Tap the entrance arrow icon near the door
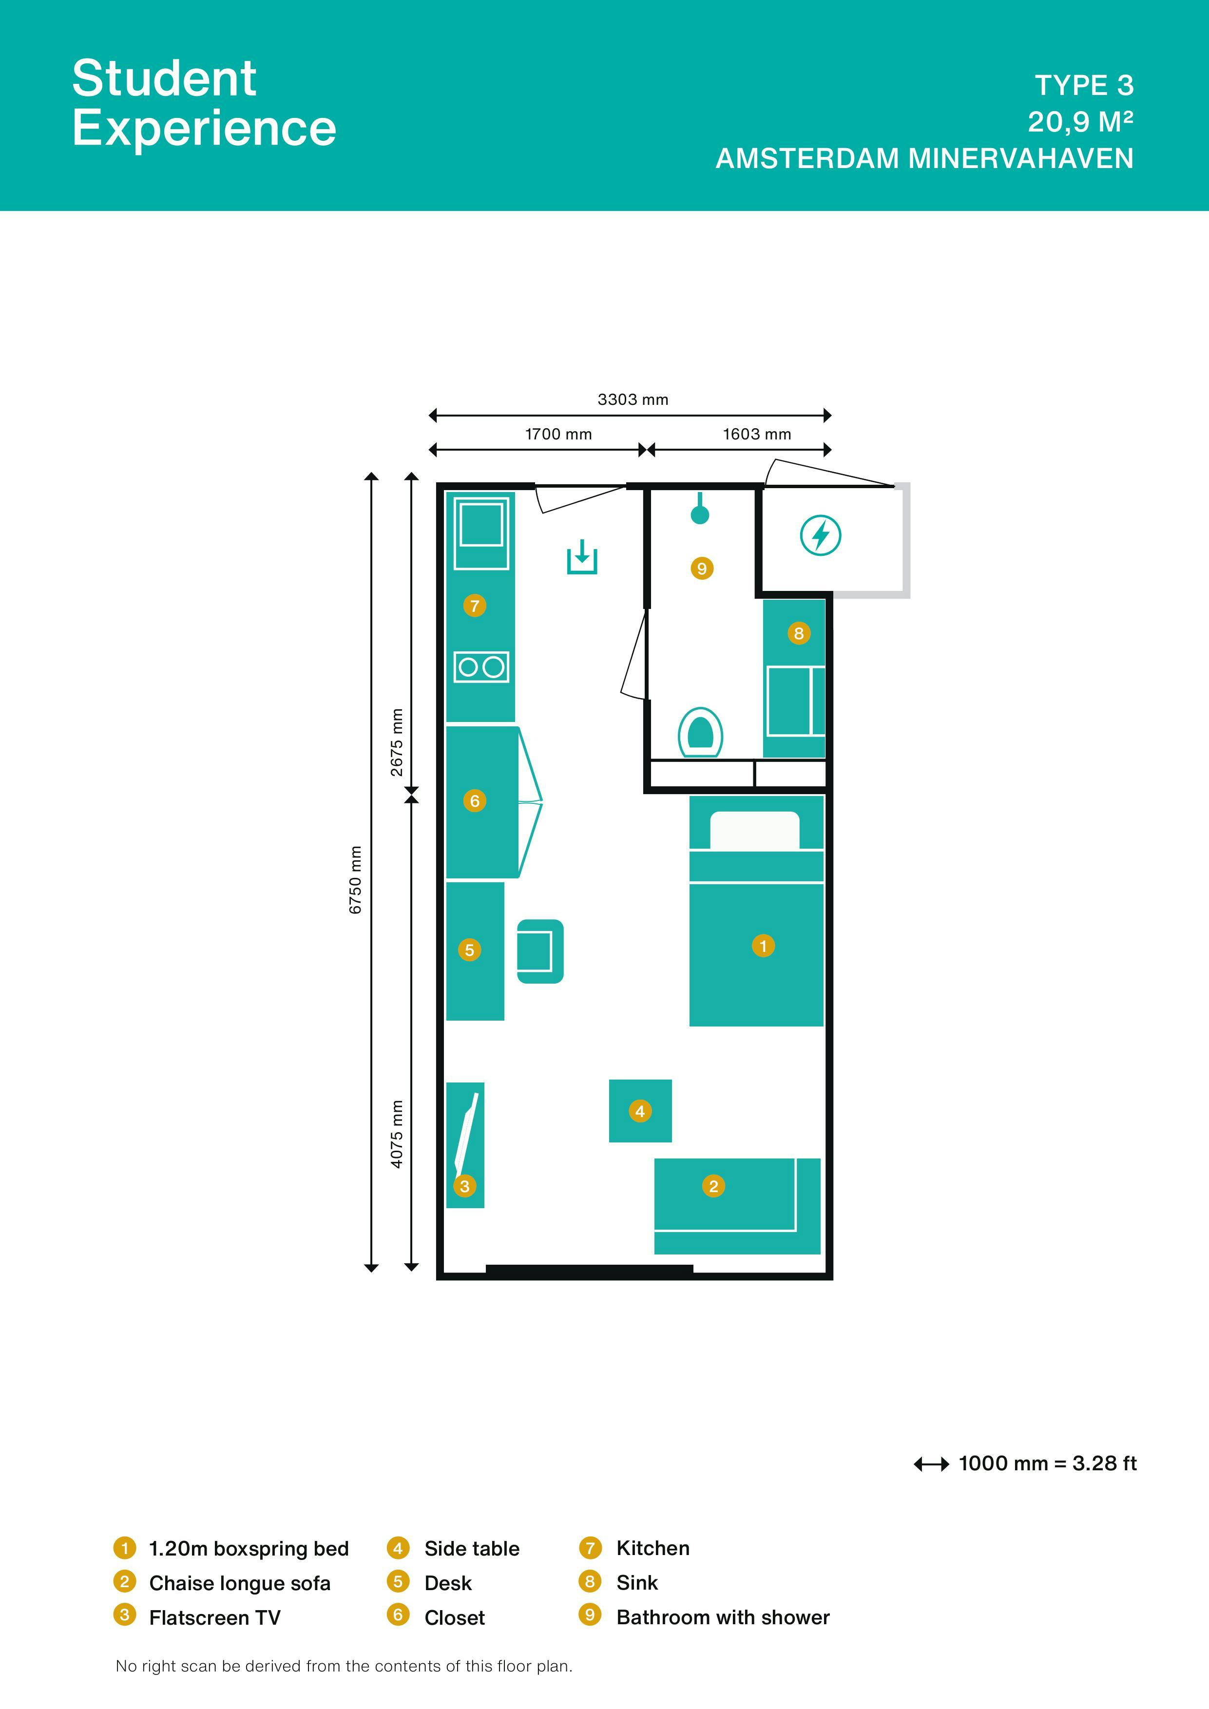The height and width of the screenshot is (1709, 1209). [x=582, y=557]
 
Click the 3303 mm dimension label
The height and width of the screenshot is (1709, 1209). [x=633, y=399]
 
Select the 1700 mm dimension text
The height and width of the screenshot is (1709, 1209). [x=558, y=434]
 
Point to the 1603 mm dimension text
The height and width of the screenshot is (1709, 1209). [x=756, y=434]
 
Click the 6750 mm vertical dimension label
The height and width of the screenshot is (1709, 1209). [x=356, y=880]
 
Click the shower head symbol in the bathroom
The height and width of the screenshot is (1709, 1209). [x=700, y=510]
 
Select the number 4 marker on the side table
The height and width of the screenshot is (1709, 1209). [x=639, y=1111]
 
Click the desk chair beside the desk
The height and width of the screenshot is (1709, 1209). [x=540, y=951]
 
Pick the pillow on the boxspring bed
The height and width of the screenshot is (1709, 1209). [x=754, y=830]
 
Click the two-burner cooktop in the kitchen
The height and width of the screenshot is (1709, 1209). [x=481, y=667]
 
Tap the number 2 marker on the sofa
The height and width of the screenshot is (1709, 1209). [x=713, y=1186]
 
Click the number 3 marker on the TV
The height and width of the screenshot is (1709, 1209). [x=464, y=1186]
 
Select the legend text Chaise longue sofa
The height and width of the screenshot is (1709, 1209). [x=240, y=1583]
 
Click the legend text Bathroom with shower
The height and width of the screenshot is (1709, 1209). [x=722, y=1617]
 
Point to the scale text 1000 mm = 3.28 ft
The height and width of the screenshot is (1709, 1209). [x=1047, y=1463]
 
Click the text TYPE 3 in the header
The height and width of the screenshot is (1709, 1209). [x=1084, y=86]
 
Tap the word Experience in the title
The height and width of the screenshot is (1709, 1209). [x=204, y=128]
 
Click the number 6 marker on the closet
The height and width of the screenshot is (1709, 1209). [x=474, y=801]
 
